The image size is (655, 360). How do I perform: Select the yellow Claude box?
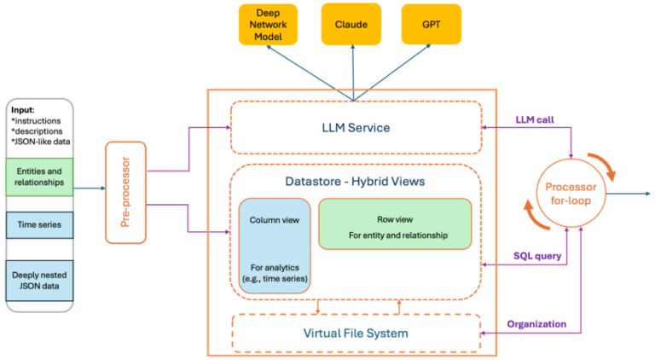tap(351, 24)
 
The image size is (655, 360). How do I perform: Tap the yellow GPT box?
tap(431, 24)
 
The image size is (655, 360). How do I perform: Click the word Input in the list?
tap(23, 110)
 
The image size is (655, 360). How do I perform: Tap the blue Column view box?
tap(273, 245)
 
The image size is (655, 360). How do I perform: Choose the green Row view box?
tap(395, 224)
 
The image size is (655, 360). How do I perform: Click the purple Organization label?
tap(537, 324)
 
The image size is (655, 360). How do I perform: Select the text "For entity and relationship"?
tap(395, 235)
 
